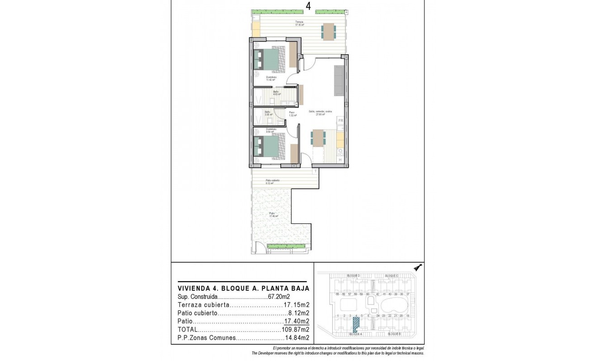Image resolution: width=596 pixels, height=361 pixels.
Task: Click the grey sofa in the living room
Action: [x=338, y=81]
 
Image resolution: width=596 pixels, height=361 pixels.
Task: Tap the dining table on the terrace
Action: [x=329, y=32]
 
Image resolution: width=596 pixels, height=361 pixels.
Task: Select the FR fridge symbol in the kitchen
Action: [x=341, y=121]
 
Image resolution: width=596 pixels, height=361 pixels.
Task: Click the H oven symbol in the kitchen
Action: [x=340, y=159]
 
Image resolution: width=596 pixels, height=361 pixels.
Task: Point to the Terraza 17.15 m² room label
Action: [x=299, y=23]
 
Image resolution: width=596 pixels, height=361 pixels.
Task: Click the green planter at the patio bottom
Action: [x=283, y=246]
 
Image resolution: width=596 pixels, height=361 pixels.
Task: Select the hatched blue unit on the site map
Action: [x=356, y=324]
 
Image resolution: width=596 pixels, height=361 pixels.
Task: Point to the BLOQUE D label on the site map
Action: [x=353, y=275]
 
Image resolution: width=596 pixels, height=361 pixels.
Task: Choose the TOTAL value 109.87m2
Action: [x=294, y=329]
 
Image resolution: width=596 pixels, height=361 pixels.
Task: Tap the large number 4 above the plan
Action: [x=308, y=6]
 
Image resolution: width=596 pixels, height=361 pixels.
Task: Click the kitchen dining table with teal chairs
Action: [x=318, y=138]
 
